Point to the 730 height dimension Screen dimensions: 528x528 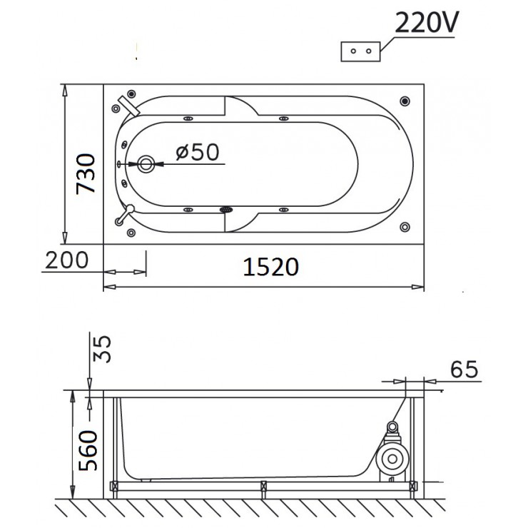pos(86,173)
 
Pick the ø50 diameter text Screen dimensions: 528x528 pos(196,151)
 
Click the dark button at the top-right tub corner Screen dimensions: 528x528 pos(405,101)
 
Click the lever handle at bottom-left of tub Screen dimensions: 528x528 pos(126,213)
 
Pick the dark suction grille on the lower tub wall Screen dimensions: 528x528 pos(226,210)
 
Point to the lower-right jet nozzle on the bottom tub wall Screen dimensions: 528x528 pos(283,210)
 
